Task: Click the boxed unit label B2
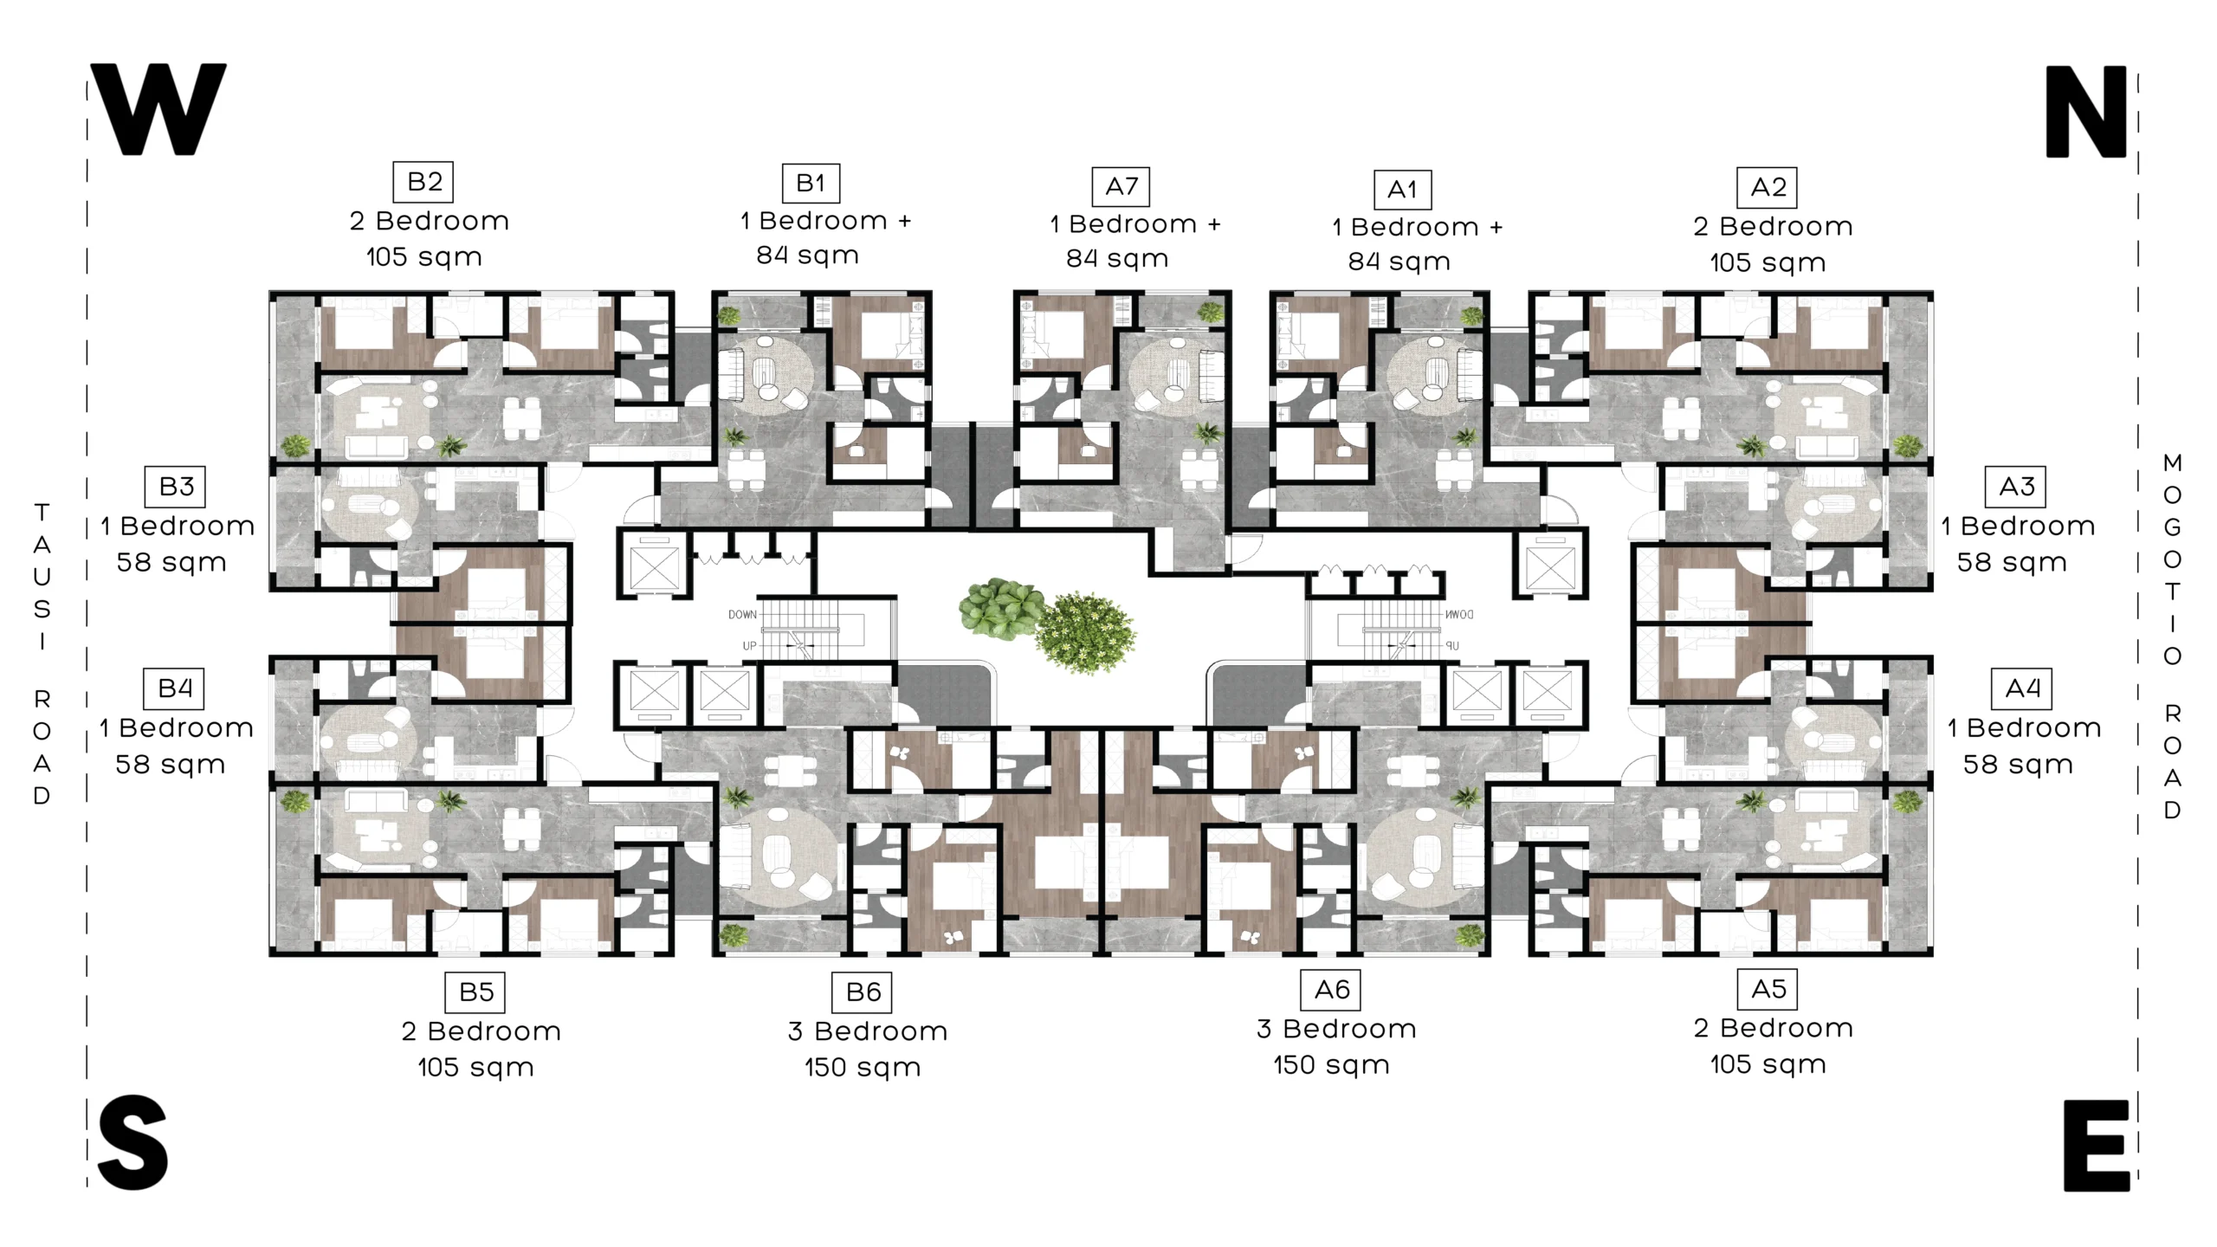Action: tap(423, 182)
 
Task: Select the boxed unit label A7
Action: tap(1121, 186)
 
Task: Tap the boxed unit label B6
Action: tap(863, 992)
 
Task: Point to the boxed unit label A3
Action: tap(2016, 487)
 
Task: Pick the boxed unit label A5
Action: tap(1768, 989)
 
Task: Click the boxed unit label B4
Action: tap(174, 688)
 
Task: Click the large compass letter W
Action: tap(158, 109)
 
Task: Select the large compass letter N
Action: tap(2085, 112)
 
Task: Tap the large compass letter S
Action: tap(133, 1142)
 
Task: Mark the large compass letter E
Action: tap(2096, 1146)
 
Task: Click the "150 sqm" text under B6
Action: tap(863, 1068)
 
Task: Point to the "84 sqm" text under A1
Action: tap(1399, 262)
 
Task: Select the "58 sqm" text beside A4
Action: tap(2018, 765)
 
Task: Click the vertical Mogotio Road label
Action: tap(2172, 636)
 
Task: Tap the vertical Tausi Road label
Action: tap(42, 654)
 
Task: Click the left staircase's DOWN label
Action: tap(742, 615)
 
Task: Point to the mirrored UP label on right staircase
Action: tap(1452, 646)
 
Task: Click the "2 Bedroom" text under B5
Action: tap(481, 1031)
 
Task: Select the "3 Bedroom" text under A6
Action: tap(1336, 1029)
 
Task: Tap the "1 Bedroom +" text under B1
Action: tap(825, 221)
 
